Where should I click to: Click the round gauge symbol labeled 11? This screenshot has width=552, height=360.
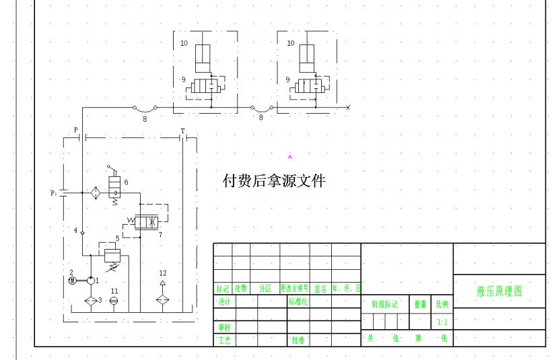[x=113, y=301]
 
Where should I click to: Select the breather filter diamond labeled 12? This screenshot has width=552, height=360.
[x=162, y=300]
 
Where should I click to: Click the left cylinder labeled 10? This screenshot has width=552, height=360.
[x=203, y=59]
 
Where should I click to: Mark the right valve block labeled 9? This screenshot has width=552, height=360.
[x=312, y=87]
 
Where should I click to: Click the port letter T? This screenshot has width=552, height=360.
[x=182, y=131]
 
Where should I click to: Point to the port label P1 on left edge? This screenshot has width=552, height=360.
[x=54, y=192]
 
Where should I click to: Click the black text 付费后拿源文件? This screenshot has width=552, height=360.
[x=274, y=180]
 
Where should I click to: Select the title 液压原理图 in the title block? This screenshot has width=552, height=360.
[x=499, y=291]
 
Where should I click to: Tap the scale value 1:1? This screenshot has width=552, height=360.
[x=442, y=322]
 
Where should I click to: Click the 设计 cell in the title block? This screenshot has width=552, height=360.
[x=224, y=302]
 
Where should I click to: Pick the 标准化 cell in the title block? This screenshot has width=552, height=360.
[x=298, y=302]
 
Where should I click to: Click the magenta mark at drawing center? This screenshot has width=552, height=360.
[x=290, y=156]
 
